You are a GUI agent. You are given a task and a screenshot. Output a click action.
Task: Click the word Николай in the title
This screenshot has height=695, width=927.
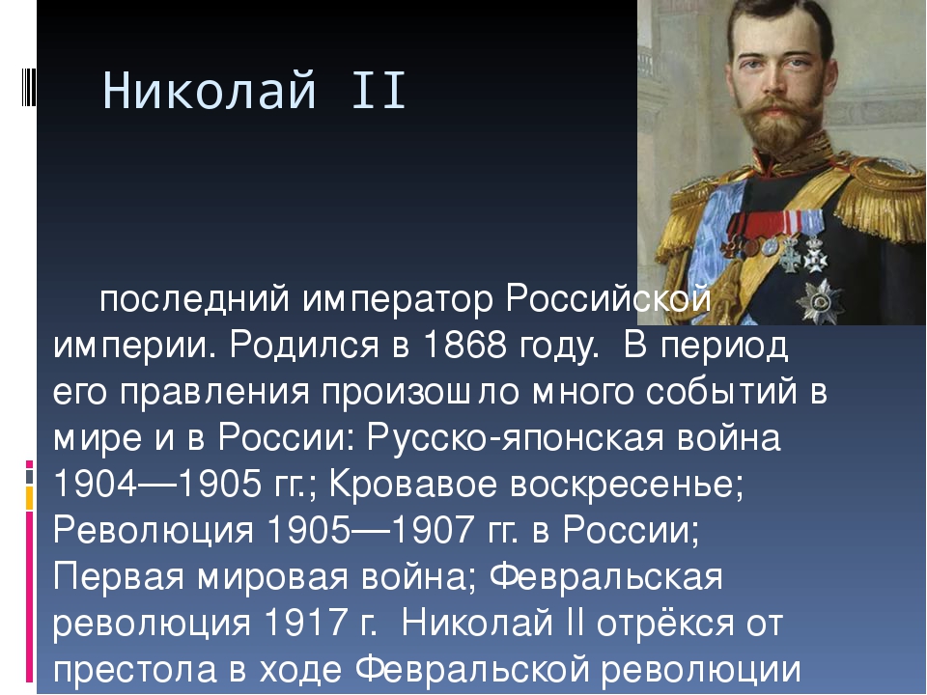tap(210, 90)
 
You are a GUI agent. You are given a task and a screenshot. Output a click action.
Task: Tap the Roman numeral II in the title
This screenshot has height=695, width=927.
tap(379, 90)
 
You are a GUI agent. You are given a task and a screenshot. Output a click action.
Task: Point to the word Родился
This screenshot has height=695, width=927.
tap(303, 347)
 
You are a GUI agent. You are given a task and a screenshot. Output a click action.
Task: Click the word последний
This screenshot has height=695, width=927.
tap(194, 300)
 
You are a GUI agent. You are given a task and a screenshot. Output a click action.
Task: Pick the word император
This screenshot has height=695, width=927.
tap(397, 300)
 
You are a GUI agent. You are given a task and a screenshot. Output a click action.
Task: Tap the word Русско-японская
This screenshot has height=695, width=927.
tap(516, 438)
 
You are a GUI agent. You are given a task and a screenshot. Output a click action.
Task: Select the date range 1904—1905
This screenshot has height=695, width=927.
tap(157, 484)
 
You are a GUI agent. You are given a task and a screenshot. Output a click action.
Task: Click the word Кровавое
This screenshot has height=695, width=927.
tap(412, 485)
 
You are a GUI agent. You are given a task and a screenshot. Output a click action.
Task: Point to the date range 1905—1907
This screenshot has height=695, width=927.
tap(371, 530)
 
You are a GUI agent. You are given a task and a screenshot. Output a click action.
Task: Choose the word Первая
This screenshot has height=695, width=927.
tap(119, 577)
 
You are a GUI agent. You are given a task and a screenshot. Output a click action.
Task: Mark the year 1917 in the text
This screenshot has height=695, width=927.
tap(306, 622)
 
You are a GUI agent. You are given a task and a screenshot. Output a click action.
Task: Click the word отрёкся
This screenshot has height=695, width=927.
tap(664, 623)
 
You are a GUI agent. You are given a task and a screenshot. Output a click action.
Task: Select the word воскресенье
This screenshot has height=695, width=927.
tap(626, 485)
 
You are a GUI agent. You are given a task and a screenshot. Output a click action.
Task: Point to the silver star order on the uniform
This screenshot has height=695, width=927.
tap(820, 301)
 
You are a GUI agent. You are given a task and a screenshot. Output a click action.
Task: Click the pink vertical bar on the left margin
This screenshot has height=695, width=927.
tap(29, 597)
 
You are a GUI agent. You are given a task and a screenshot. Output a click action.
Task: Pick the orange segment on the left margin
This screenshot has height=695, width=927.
tap(29, 498)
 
